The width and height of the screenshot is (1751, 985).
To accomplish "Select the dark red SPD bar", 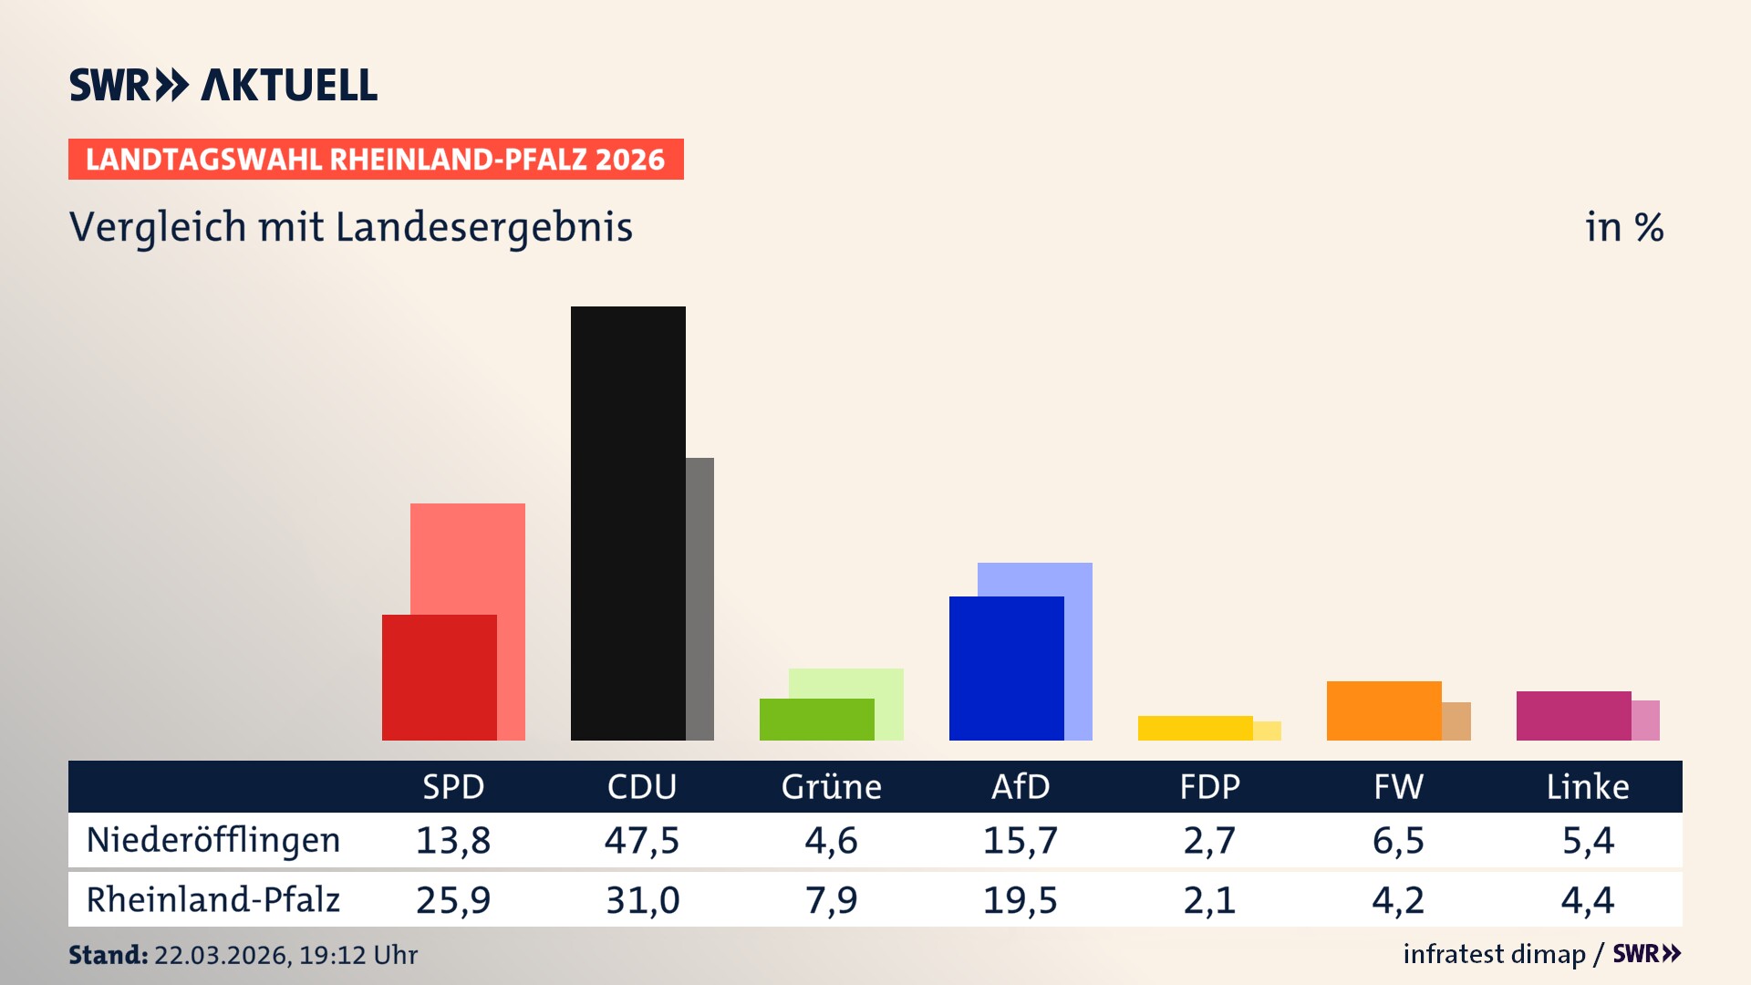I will coord(439,677).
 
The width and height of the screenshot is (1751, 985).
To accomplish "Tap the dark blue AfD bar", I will coord(1006,668).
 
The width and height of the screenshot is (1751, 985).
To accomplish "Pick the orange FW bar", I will coord(1383,710).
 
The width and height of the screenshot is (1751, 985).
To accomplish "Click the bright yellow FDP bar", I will coord(1195,728).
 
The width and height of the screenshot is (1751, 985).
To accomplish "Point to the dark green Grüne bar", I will coord(816,719).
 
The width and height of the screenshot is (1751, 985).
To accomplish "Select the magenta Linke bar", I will coord(1573,715).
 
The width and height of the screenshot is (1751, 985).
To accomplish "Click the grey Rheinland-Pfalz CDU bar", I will coord(700,598).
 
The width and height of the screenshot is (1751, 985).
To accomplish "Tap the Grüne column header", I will coord(831,786).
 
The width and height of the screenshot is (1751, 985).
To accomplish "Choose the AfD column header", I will coord(1021,786).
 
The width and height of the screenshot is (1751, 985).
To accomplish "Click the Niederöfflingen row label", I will coord(213,840).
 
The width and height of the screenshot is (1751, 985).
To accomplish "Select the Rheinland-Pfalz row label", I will coord(213,900).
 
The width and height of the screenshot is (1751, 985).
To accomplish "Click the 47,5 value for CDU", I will coord(642,840).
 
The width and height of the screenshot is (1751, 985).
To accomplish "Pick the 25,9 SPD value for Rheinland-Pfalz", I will coord(453,900).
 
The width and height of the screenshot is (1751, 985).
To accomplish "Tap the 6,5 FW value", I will coord(1398,840).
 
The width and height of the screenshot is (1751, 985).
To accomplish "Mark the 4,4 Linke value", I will coord(1588,900).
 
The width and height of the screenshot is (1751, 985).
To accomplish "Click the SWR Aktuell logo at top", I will coord(223,85).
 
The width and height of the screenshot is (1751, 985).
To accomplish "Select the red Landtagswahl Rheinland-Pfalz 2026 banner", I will coord(376,160).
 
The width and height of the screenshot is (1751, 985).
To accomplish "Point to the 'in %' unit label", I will coord(1624,227).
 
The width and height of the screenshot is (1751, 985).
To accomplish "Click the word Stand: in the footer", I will coord(108,955).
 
